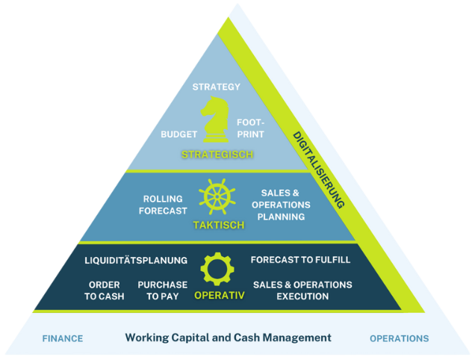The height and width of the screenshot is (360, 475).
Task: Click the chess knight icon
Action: [x=215, y=120]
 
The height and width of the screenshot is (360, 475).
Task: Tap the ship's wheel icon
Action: [x=217, y=196]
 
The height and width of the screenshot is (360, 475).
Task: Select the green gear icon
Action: [x=217, y=269]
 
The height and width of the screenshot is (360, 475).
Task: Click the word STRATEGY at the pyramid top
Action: [x=217, y=87]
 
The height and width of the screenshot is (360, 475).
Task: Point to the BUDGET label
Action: [x=178, y=134]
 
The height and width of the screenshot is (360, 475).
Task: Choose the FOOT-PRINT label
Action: [x=250, y=128]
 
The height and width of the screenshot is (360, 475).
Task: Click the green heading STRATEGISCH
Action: [x=217, y=155]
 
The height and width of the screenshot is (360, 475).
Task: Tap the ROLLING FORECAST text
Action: [x=163, y=205]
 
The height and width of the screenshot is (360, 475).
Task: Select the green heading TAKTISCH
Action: [x=219, y=225]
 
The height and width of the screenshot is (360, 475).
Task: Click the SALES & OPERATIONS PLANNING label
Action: [x=281, y=205]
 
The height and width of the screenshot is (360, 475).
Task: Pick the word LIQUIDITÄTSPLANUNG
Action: [x=136, y=261]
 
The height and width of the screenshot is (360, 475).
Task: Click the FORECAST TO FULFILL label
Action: [x=300, y=260]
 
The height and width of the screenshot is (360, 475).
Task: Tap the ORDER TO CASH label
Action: [x=105, y=291]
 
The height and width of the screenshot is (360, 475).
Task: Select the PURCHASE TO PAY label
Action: [x=163, y=291]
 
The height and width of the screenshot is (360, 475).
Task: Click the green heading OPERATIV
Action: [x=220, y=296]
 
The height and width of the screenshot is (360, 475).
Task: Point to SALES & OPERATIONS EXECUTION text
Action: [x=302, y=291]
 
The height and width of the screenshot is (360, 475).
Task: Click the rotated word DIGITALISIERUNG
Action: [x=319, y=170]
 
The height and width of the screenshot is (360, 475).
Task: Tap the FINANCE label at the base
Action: [x=63, y=338]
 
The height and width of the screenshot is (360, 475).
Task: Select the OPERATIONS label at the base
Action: [x=400, y=338]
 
